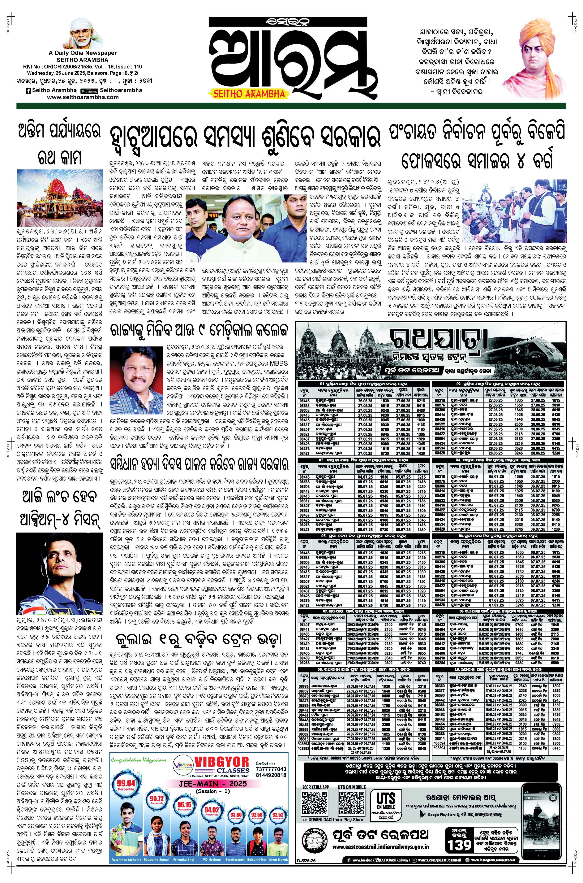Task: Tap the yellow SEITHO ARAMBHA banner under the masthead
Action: tap(249, 94)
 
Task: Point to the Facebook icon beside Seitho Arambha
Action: tap(28, 90)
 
